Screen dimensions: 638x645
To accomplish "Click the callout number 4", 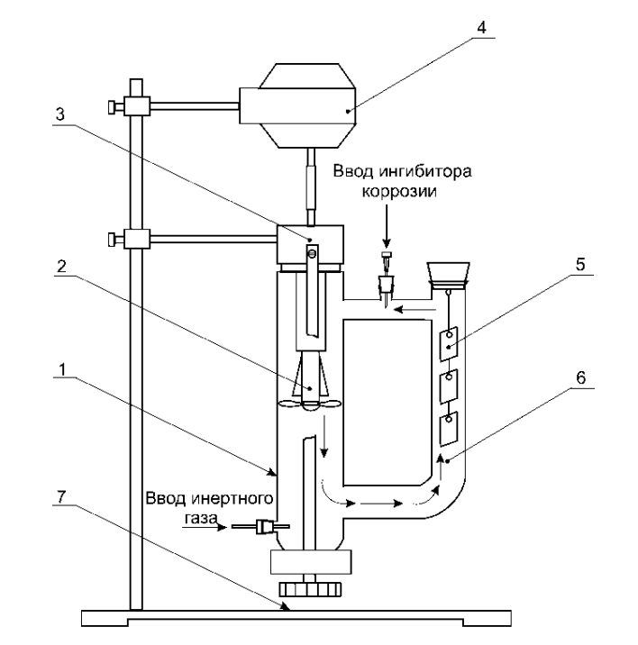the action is [481, 27].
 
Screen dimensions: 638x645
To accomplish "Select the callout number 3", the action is [60, 114].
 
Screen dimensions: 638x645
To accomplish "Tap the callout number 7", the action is [60, 497].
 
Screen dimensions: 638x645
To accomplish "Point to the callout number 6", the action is [581, 377].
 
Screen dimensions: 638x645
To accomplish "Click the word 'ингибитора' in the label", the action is [424, 171].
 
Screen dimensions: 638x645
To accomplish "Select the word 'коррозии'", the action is [399, 192].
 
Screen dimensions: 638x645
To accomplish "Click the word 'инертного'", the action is [232, 498].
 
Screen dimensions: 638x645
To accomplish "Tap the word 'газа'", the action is [200, 518].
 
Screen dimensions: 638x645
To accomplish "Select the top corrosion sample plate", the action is [449, 343].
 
